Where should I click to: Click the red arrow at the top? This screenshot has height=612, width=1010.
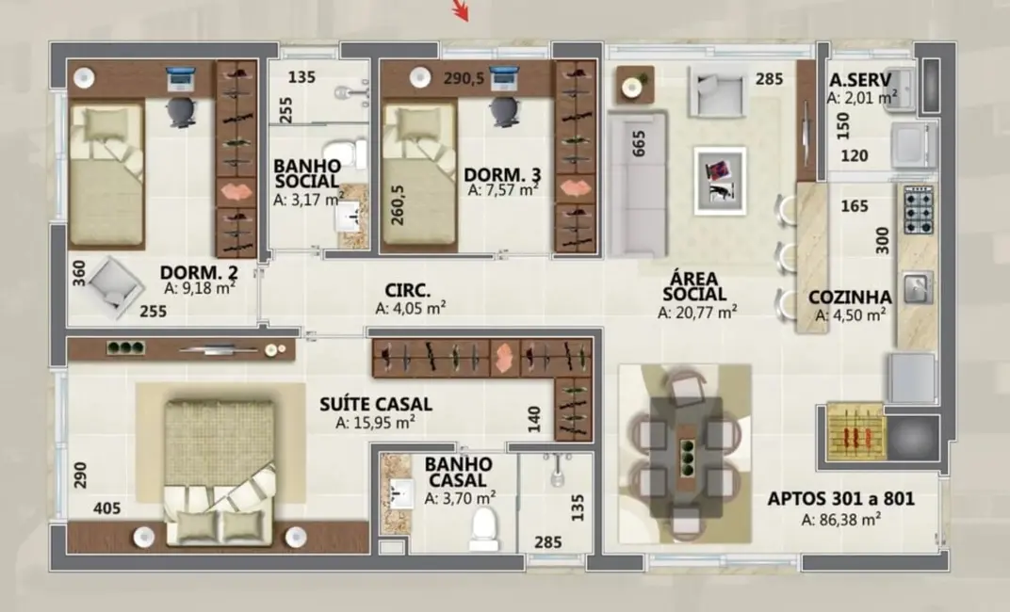pos(460,9)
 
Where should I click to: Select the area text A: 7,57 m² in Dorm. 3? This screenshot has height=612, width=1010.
pos(503,190)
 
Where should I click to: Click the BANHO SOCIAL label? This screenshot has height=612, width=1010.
pos(306,173)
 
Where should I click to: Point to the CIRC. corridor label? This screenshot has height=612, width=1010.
pos(408,289)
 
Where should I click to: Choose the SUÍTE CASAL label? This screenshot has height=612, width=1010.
pos(376,404)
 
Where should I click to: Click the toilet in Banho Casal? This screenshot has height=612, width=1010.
pos(483,530)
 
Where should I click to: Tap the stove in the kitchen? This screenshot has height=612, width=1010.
pos(918,209)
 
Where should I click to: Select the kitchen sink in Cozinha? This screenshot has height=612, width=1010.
pos(916,285)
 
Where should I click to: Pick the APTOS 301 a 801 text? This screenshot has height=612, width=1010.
pos(840,499)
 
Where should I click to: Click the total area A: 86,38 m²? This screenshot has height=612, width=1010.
pos(840,519)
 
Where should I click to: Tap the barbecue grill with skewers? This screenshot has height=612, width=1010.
pos(855,432)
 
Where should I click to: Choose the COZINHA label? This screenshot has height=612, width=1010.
pos(850,298)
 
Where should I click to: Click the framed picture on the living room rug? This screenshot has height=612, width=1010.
pos(720,179)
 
